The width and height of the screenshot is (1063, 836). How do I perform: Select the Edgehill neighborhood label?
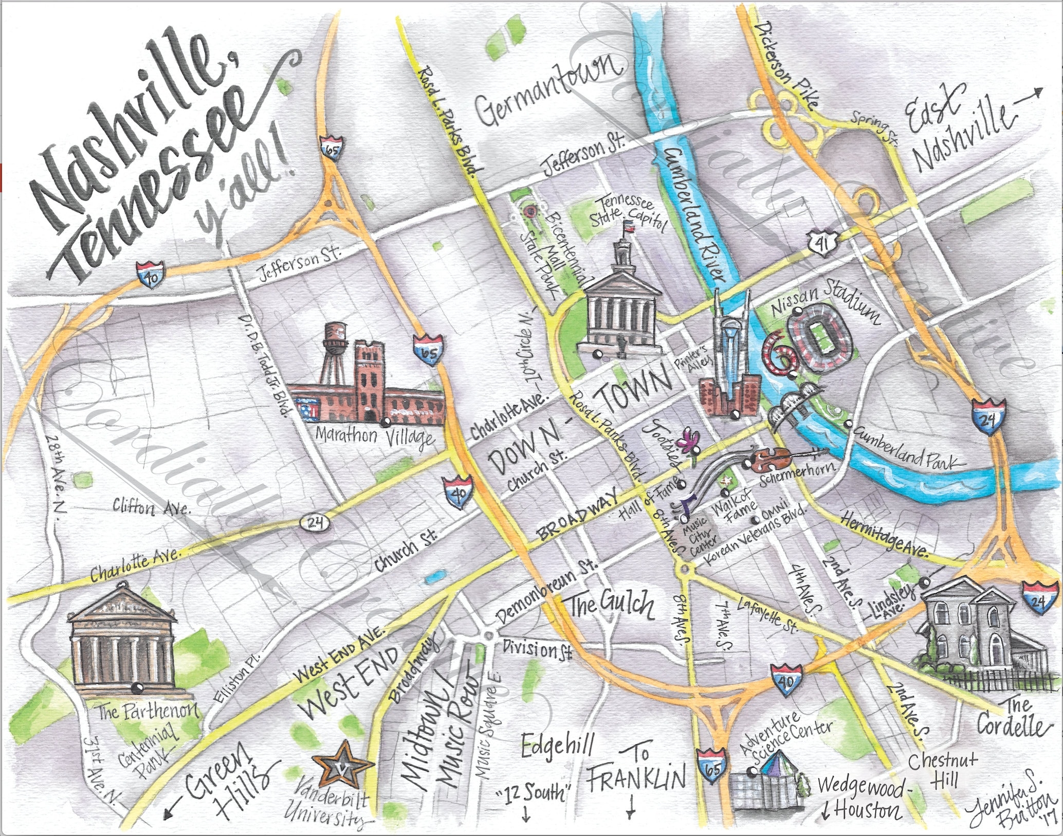[558, 744]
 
